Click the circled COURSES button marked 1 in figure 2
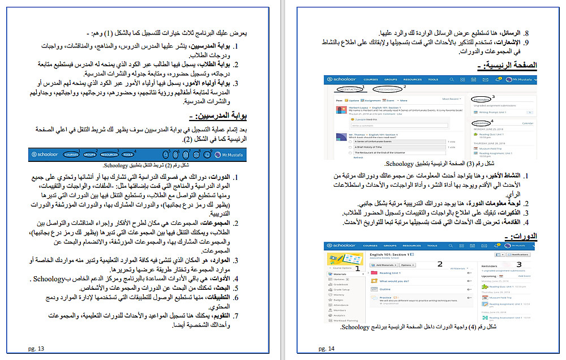point(71,155)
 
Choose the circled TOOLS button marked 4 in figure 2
point(128,155)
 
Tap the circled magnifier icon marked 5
point(166,155)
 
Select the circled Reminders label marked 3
point(482,98)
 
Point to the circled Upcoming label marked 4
point(481,122)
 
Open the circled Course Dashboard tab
point(389,89)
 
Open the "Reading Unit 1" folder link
point(389,273)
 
